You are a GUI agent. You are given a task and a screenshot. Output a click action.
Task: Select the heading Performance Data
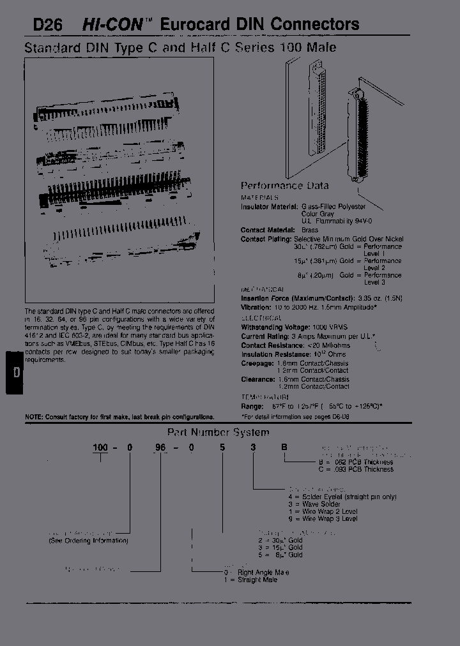click(x=284, y=186)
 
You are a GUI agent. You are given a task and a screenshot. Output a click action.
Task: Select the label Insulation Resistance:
click(x=274, y=354)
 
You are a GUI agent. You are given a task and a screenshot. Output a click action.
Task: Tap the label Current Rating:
click(x=263, y=336)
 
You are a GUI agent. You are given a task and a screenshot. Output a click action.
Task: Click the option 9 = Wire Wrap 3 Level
click(x=321, y=518)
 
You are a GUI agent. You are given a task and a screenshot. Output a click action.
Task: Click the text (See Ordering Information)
click(x=89, y=541)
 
